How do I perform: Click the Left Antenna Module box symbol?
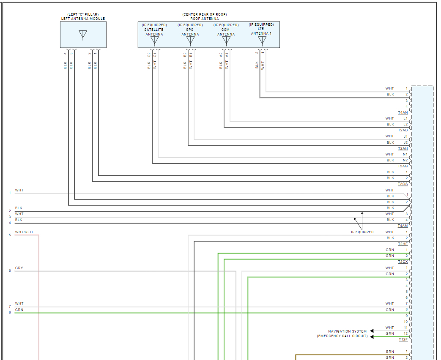tap(83, 35)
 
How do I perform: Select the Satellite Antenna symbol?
tap(154, 41)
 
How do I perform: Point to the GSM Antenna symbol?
tap(226, 41)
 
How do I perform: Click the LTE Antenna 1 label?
tap(261, 31)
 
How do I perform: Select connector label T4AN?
tap(403, 113)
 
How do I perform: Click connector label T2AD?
tap(403, 131)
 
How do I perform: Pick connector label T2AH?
tap(403, 149)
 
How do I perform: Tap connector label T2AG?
tap(403, 166)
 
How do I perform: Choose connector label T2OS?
tap(403, 184)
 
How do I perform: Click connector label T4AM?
tap(403, 226)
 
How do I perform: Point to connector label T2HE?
tap(403, 244)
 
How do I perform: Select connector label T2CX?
tap(403, 262)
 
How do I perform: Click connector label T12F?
tap(403, 340)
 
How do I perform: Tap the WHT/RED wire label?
tap(24, 232)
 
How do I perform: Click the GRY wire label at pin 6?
tap(19, 268)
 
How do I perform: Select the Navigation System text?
tap(347, 331)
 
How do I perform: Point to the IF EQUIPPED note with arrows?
tap(362, 232)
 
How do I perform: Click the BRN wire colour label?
tap(390, 352)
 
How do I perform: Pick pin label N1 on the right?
tap(405, 154)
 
